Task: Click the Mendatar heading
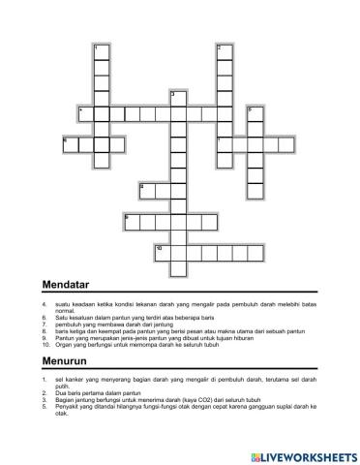[67, 285]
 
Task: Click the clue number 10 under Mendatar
[46, 344]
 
